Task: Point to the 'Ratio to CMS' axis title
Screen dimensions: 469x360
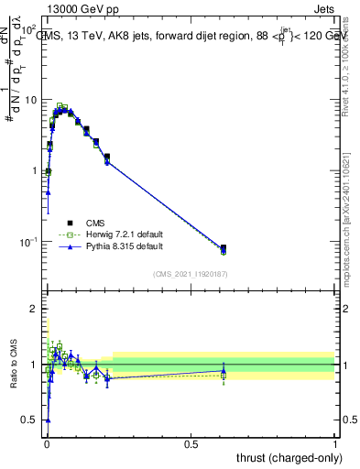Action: (13, 364)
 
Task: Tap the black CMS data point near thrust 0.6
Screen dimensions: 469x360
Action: (224, 248)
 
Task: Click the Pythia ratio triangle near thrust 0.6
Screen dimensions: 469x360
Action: (224, 371)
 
